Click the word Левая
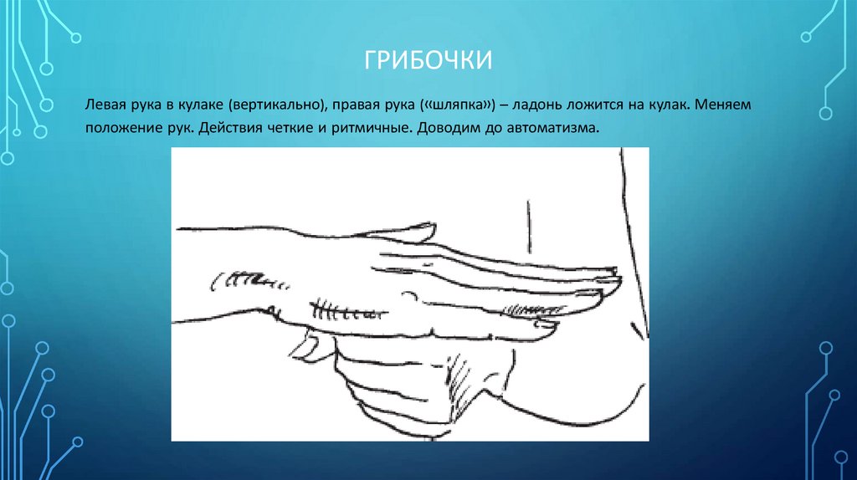103,107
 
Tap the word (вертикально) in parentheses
280,107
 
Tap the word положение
120,130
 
